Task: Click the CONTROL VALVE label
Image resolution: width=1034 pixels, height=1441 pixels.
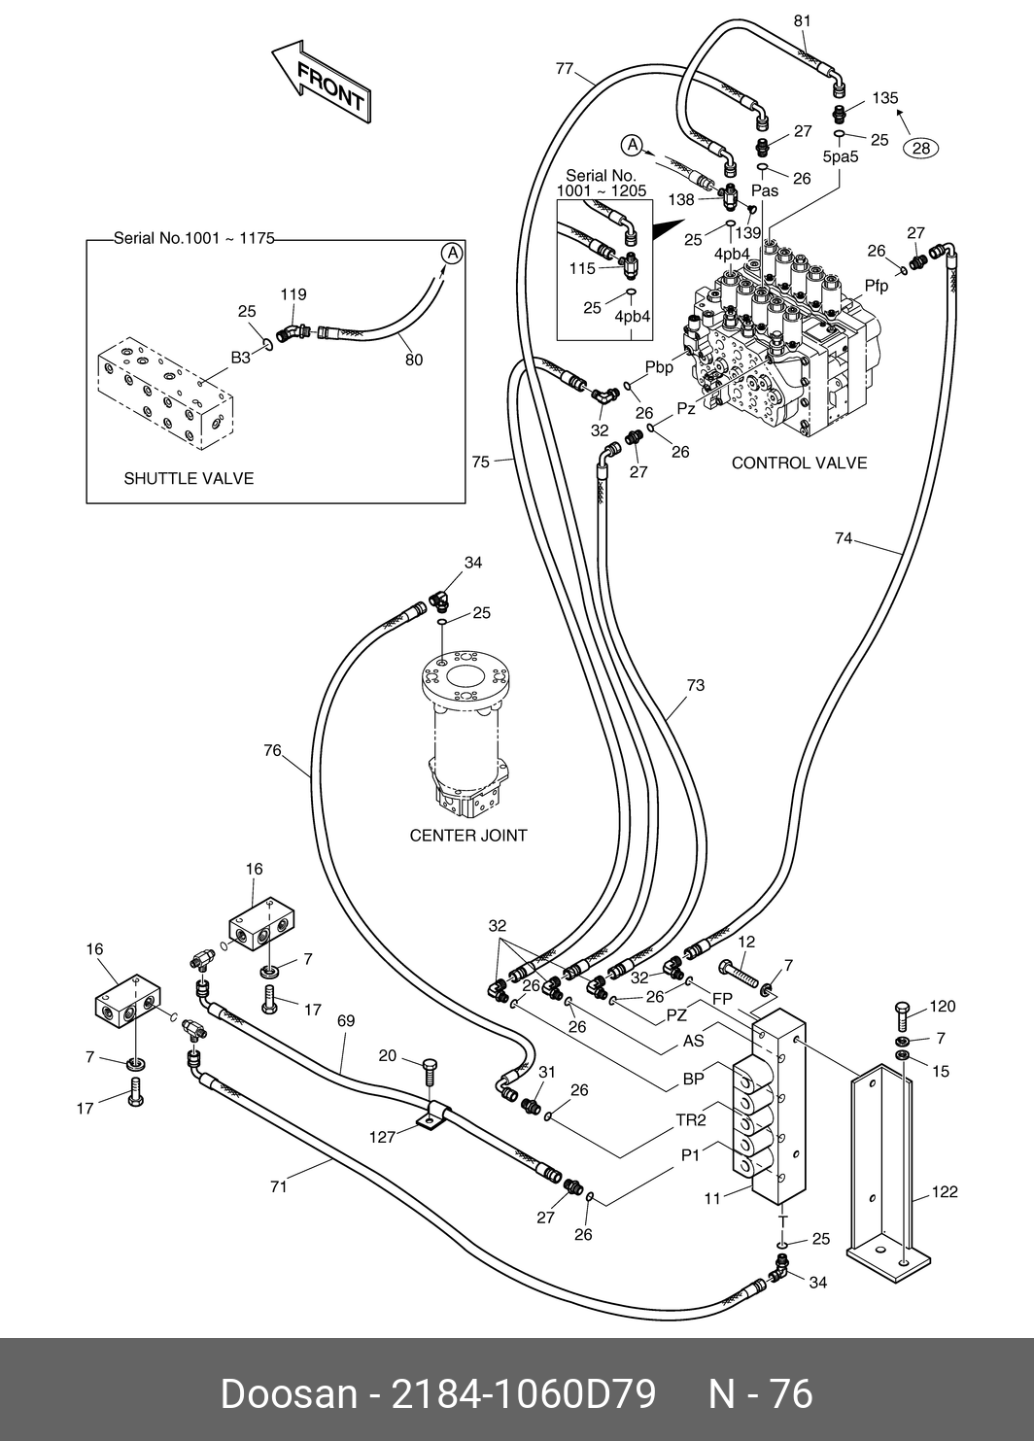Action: pyautogui.click(x=799, y=463)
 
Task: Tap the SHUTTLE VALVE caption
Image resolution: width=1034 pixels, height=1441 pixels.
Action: pyautogui.click(x=189, y=479)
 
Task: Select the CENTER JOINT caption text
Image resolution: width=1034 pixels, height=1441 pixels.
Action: pyautogui.click(x=468, y=836)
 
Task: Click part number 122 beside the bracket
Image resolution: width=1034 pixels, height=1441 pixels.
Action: pyautogui.click(x=945, y=1192)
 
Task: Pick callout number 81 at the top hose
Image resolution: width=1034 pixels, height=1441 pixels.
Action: pyautogui.click(x=802, y=20)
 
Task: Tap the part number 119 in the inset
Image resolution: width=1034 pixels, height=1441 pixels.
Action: pyautogui.click(x=293, y=294)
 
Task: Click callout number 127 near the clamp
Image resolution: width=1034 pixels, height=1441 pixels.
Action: pyautogui.click(x=383, y=1137)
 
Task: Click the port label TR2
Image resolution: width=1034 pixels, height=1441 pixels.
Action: pyautogui.click(x=691, y=1120)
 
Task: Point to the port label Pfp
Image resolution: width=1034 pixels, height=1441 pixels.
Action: pyautogui.click(x=877, y=285)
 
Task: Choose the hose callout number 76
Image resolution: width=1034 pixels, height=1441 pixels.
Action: pyautogui.click(x=272, y=750)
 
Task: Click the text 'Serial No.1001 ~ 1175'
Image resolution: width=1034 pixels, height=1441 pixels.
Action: pyautogui.click(x=194, y=237)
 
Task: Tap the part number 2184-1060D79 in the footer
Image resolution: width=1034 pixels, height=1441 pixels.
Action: pyautogui.click(x=523, y=1393)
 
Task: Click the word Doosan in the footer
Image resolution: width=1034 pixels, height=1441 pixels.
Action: pyautogui.click(x=289, y=1393)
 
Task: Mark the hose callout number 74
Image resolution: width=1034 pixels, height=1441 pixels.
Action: pyautogui.click(x=843, y=537)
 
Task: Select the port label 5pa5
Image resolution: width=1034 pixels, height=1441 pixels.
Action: pyautogui.click(x=840, y=155)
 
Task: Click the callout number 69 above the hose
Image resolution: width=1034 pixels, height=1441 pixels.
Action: pyautogui.click(x=346, y=1021)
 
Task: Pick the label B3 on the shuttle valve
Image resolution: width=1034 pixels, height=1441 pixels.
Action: pyautogui.click(x=240, y=358)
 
